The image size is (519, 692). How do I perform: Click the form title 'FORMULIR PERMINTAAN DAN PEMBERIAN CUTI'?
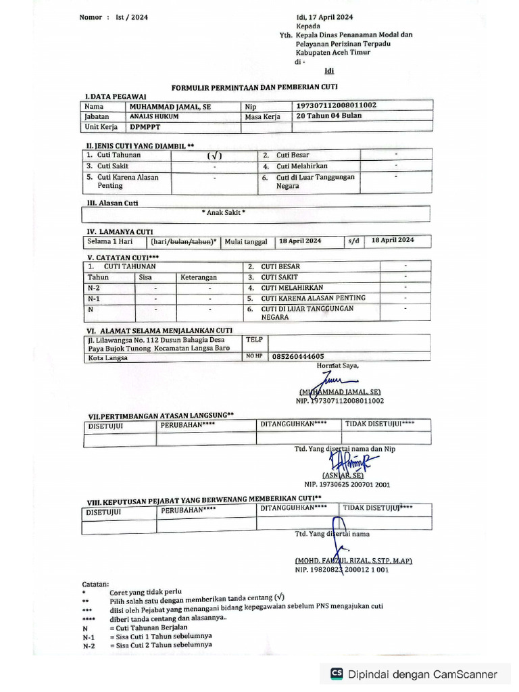point(255,87)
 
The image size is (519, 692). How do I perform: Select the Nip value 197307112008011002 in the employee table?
point(336,105)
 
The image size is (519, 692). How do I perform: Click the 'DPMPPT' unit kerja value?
point(145,126)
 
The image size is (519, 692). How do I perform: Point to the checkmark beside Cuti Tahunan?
point(214,155)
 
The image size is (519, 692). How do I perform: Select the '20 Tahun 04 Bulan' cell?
point(329,116)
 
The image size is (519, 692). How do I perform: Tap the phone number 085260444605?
point(297,356)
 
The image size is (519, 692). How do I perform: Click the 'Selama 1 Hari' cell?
point(109,241)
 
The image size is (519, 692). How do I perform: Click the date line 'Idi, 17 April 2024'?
point(324,17)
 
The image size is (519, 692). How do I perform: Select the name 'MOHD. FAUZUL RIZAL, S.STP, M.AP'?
point(353,561)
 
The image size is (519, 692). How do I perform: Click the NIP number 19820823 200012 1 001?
point(341,570)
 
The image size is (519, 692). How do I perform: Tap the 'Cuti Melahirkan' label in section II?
point(301,166)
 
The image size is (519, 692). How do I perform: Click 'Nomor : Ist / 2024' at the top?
point(114,17)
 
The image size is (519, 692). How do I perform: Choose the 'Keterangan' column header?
point(199,277)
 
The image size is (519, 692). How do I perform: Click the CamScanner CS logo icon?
point(337,674)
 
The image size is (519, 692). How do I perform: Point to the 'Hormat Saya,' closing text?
point(338,366)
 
